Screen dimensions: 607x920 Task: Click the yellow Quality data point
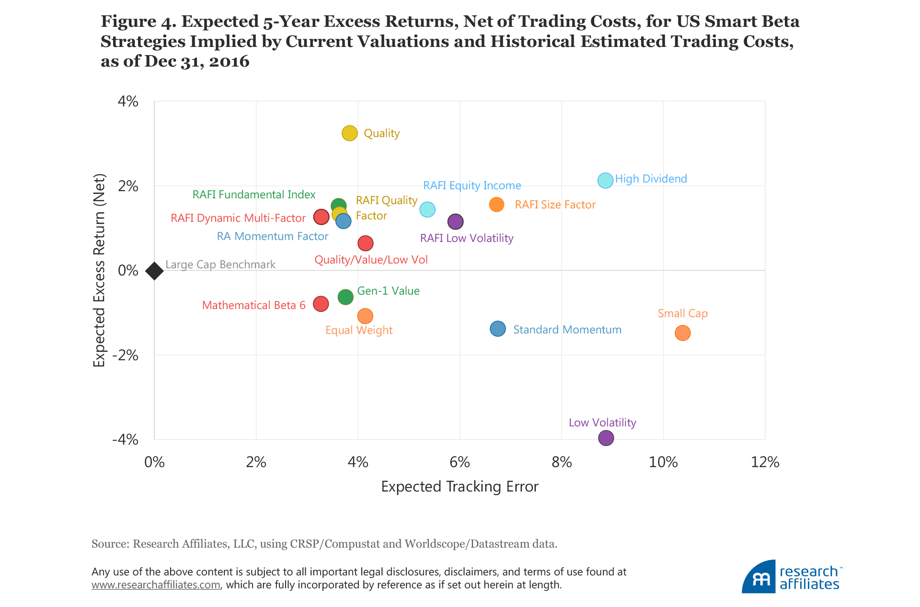coord(350,133)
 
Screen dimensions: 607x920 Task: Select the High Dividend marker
coord(605,181)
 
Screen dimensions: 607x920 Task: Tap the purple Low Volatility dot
coord(606,437)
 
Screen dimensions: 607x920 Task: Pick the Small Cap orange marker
coord(682,333)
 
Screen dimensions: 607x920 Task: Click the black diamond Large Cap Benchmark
coord(154,271)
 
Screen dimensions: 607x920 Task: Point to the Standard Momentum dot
coord(498,329)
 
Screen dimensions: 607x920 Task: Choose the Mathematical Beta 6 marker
coord(321,304)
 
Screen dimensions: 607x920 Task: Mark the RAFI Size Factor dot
coord(496,205)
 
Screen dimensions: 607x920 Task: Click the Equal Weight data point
coord(365,316)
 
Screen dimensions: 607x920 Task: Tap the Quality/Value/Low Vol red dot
coord(366,243)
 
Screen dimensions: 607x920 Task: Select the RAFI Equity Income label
coord(472,185)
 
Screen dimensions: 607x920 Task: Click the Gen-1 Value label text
coord(388,291)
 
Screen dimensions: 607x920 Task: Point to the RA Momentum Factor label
coord(272,236)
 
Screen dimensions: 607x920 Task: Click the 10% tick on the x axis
coord(663,462)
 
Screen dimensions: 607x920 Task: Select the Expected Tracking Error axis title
coord(460,487)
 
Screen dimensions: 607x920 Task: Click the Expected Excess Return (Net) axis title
coord(99,271)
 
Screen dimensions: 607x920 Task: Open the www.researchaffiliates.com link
coord(156,585)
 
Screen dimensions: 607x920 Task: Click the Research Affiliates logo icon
coord(759,577)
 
